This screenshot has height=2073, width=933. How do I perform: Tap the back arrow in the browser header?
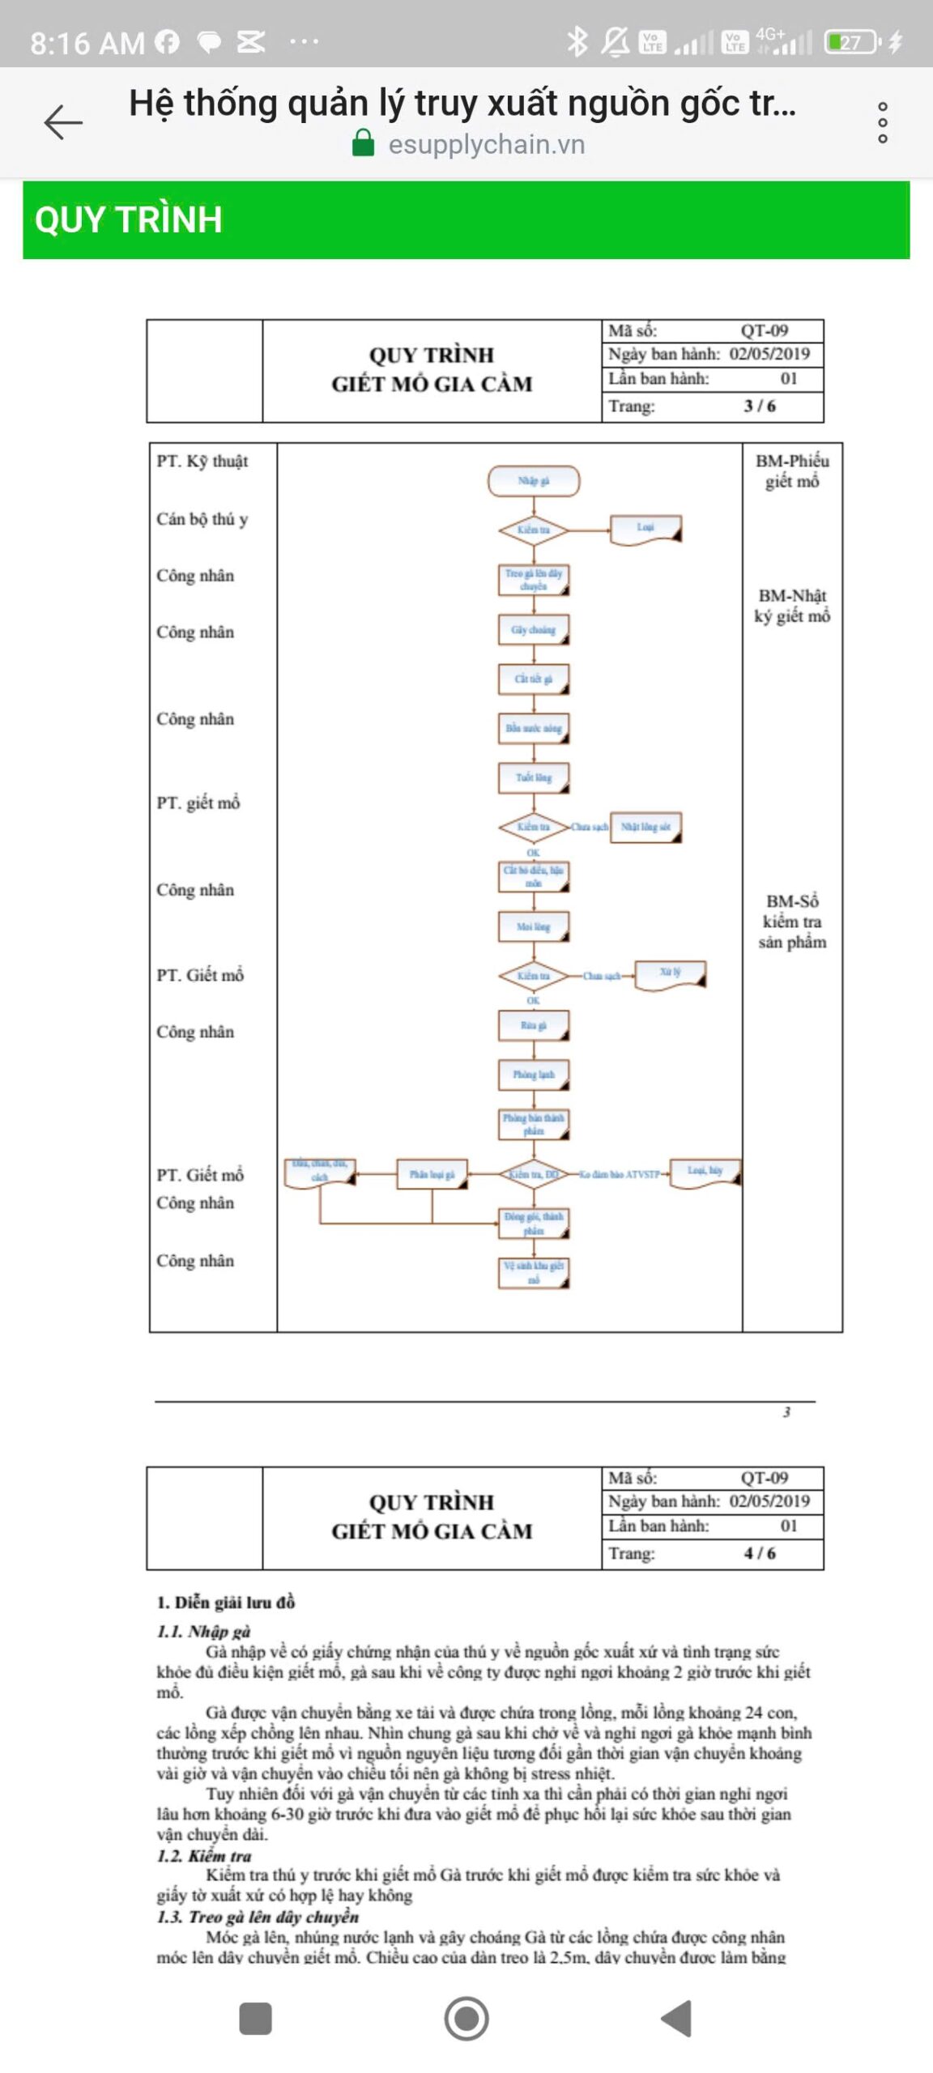pos(63,122)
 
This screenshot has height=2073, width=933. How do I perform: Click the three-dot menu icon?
pos(883,122)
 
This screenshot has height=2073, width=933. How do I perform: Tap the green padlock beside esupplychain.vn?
pos(364,143)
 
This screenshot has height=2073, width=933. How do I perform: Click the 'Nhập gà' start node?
pos(534,481)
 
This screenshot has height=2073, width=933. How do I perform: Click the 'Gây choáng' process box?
pos(534,630)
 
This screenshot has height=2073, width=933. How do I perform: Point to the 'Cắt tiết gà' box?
pos(534,679)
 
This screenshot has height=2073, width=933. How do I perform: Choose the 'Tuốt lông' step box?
pos(534,778)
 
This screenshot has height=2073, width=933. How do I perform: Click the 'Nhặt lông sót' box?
pos(645,828)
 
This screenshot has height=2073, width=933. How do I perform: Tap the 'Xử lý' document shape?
pos(671,974)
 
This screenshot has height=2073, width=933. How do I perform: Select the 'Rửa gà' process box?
pos(534,1026)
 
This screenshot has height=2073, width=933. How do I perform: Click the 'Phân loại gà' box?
pos(432,1174)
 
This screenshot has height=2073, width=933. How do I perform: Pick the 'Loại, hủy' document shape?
pos(705,1172)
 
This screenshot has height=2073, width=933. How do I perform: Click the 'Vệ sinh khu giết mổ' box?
pos(534,1272)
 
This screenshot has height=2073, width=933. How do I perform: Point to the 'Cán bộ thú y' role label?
pos(202,519)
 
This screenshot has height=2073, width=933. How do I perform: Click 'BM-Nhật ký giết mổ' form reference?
pos(792,606)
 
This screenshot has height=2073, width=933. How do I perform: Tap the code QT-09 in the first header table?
pos(764,330)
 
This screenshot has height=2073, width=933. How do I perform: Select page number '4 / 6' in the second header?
pos(760,1553)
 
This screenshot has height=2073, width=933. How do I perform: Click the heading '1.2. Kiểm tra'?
pos(204,1855)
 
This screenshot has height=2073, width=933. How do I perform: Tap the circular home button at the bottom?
pos(466,2018)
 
